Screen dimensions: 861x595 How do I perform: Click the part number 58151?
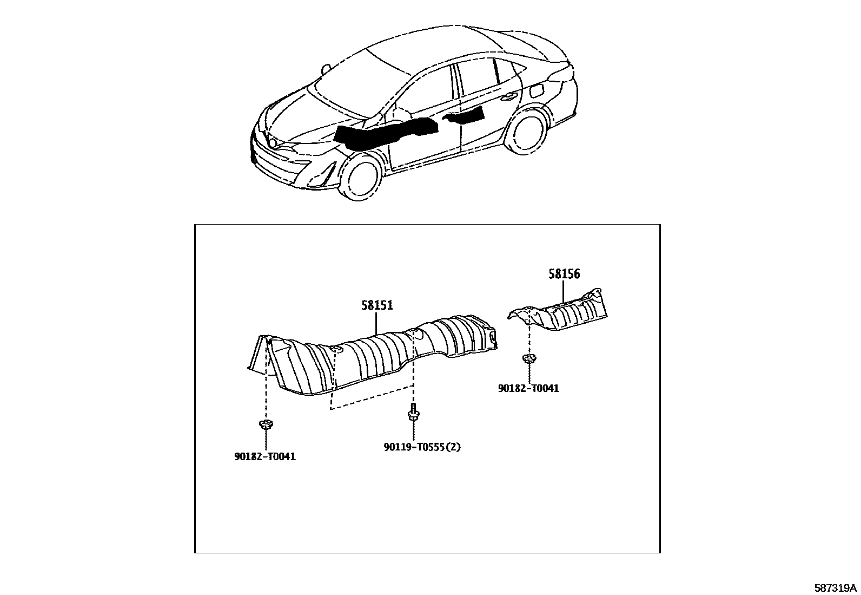point(377,306)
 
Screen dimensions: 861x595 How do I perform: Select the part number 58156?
point(564,274)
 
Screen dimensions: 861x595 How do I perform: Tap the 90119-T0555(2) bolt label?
point(422,447)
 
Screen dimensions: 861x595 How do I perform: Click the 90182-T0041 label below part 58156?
point(528,388)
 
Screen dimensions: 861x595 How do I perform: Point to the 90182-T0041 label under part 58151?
point(265,456)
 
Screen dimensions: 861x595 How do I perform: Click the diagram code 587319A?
point(836,587)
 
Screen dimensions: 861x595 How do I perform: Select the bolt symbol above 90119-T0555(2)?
point(413,414)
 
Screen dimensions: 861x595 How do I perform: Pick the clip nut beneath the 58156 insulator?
point(528,359)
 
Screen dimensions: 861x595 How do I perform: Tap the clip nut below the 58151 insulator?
point(265,425)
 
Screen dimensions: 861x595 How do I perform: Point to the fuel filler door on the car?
point(538,91)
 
